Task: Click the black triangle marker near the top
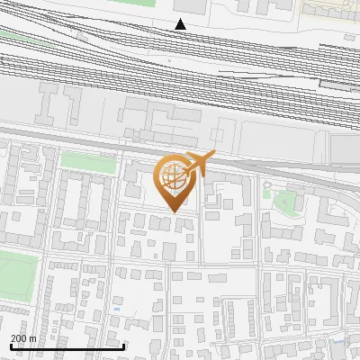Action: click(x=181, y=24)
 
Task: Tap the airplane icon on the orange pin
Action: click(x=200, y=164)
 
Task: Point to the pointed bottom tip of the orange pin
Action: click(x=174, y=211)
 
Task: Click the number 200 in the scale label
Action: click(x=19, y=338)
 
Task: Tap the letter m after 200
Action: click(x=32, y=338)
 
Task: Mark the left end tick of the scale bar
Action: click(x=10, y=346)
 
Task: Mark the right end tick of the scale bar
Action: click(x=123, y=346)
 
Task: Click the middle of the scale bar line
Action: click(x=67, y=346)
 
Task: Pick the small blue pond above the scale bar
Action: click(x=117, y=310)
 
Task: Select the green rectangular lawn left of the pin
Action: click(x=88, y=163)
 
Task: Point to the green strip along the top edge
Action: click(x=135, y=3)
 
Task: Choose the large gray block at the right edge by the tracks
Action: click(x=344, y=148)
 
